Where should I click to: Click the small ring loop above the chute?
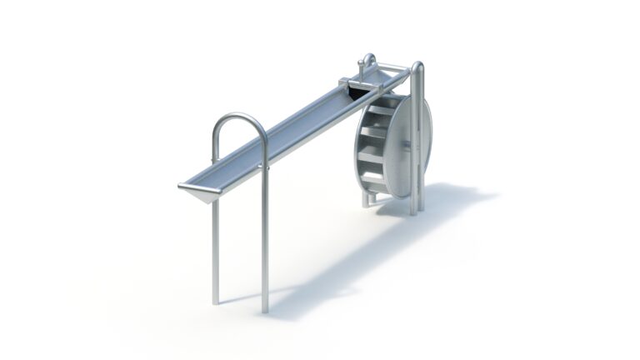(x=367, y=61)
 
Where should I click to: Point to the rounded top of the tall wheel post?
(x=417, y=67)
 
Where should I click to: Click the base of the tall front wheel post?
(x=413, y=211)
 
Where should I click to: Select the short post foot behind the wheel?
(x=364, y=202)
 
